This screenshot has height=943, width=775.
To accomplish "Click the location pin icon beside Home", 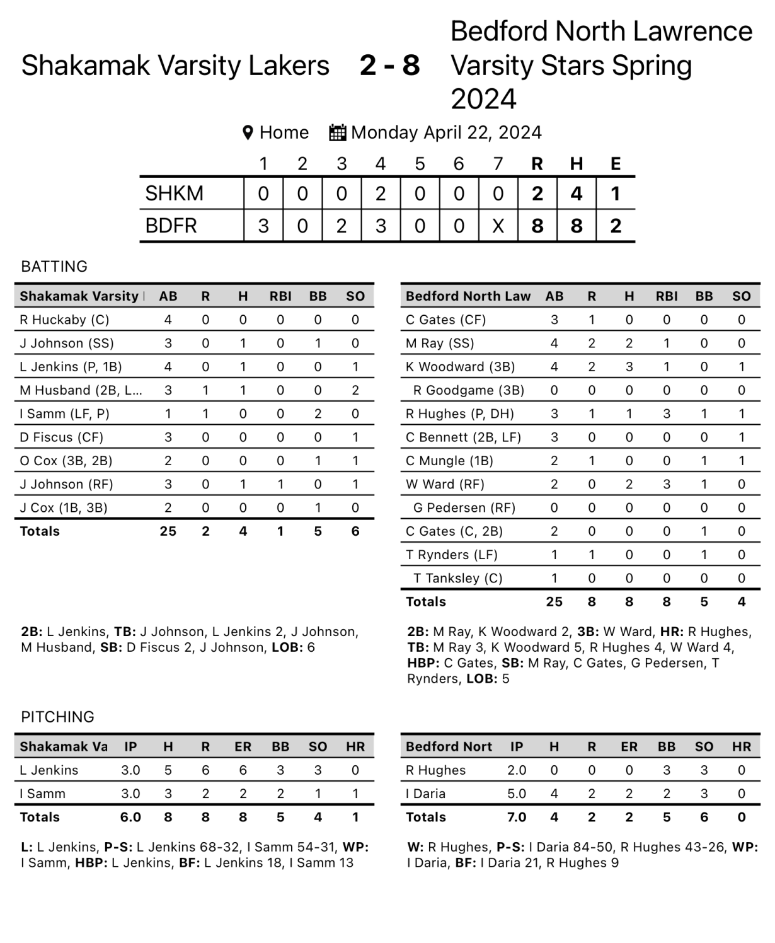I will click(248, 133).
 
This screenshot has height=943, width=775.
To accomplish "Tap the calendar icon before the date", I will click(338, 133).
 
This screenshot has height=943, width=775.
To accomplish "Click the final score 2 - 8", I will click(389, 66).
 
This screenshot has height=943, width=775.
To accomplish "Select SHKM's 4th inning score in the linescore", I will click(381, 194).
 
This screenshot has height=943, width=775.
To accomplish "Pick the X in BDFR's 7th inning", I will click(498, 226).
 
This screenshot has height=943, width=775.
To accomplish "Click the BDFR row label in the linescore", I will click(171, 226).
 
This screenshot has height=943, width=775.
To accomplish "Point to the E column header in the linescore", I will click(616, 165).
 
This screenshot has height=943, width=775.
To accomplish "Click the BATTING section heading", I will click(54, 267).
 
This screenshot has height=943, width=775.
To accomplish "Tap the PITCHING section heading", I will click(57, 717).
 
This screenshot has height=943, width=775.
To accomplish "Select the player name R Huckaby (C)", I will click(64, 320).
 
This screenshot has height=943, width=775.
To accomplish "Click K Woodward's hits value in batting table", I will click(629, 367).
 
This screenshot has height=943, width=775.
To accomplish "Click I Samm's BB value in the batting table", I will click(318, 414).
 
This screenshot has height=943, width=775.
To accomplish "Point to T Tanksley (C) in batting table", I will click(457, 578).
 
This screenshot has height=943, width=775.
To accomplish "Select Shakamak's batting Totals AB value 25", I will click(168, 531).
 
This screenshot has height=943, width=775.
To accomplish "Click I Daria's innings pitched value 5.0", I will click(516, 794).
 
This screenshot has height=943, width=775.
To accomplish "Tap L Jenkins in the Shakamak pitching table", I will click(49, 770).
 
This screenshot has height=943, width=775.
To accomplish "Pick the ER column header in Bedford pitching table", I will click(629, 747).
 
